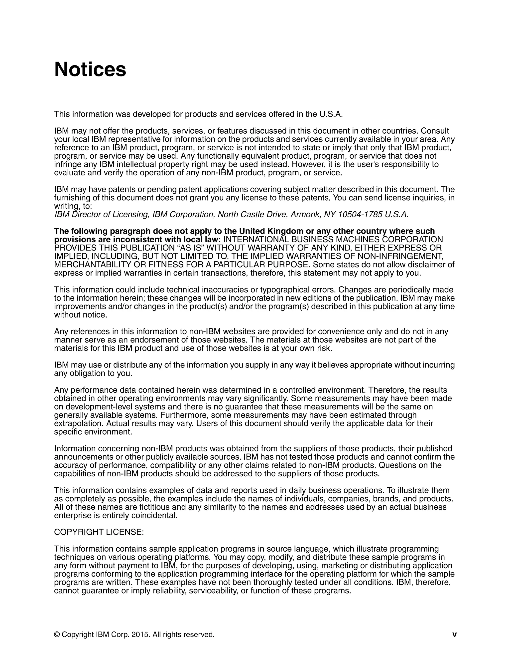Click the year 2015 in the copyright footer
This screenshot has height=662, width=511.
[140, 635]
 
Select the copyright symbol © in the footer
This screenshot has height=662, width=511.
[57, 635]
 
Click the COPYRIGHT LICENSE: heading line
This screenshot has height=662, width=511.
[99, 532]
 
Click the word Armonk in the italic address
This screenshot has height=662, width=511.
[305, 214]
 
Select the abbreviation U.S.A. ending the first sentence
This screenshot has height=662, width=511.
[331, 114]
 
